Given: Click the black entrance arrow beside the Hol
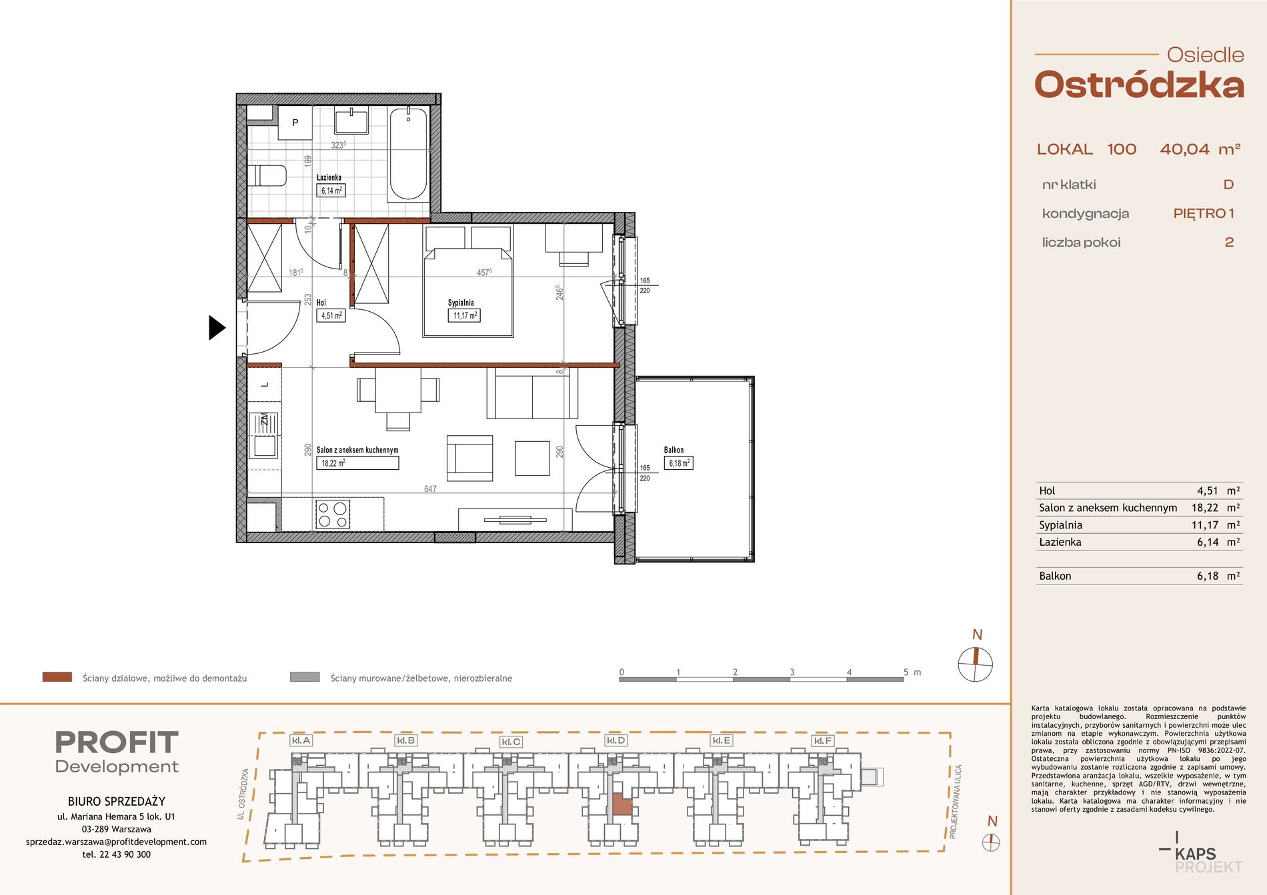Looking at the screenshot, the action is pyautogui.click(x=217, y=327).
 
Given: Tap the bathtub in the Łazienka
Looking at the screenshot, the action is pyautogui.click(x=408, y=154).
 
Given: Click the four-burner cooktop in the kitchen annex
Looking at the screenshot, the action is pyautogui.click(x=332, y=514).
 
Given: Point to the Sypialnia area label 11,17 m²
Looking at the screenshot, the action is pyautogui.click(x=464, y=315).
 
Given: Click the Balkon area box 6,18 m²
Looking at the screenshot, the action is pyautogui.click(x=678, y=463).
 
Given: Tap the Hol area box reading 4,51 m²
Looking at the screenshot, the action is pyautogui.click(x=331, y=315).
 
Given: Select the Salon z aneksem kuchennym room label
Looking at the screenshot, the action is pyautogui.click(x=357, y=450).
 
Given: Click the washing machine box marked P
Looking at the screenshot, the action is pyautogui.click(x=295, y=123).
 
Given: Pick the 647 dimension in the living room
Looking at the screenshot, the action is pyautogui.click(x=430, y=488).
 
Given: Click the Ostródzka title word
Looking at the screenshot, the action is pyautogui.click(x=1139, y=85).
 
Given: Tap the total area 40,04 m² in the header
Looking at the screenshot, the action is pyautogui.click(x=1200, y=149).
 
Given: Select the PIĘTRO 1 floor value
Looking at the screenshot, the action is pyautogui.click(x=1204, y=213).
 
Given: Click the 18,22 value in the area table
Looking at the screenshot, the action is pyautogui.click(x=1204, y=508).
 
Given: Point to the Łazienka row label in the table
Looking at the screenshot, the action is pyautogui.click(x=1060, y=542).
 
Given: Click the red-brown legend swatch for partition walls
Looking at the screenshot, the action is pyautogui.click(x=57, y=677).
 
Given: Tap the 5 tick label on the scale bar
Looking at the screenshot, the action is pyautogui.click(x=906, y=672).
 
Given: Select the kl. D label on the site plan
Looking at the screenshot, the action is pyautogui.click(x=615, y=740).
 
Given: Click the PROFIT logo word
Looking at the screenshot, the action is pyautogui.click(x=117, y=742).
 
